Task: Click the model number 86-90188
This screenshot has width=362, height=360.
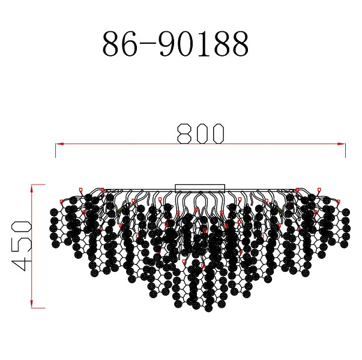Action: pyautogui.click(x=175, y=44)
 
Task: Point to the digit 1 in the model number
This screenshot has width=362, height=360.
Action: pyautogui.click(x=204, y=44)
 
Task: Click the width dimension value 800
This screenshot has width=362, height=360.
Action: pyautogui.click(x=201, y=134)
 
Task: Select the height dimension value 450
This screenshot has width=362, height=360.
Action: pyautogui.click(x=21, y=245)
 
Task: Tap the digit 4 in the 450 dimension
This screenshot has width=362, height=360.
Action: pyautogui.click(x=21, y=263)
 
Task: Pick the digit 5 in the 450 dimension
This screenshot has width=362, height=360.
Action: pyautogui.click(x=21, y=245)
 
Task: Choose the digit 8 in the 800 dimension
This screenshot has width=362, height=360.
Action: pyautogui.click(x=184, y=134)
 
